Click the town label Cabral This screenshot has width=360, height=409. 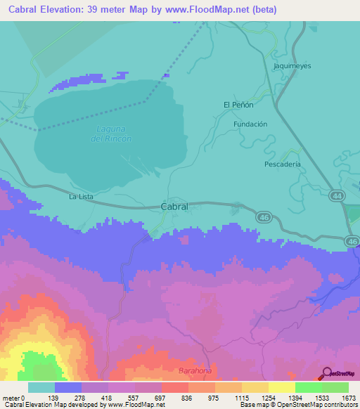point(174,207)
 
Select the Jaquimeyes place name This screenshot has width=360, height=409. point(292,66)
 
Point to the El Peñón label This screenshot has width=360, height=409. point(238,104)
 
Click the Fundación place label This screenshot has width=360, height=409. point(250,124)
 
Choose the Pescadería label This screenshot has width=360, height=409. point(283,164)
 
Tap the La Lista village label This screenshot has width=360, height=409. point(81,197)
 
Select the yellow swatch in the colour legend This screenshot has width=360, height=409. point(281,387)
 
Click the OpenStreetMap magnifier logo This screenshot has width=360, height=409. point(326,374)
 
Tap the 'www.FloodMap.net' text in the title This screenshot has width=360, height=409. point(211,10)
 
